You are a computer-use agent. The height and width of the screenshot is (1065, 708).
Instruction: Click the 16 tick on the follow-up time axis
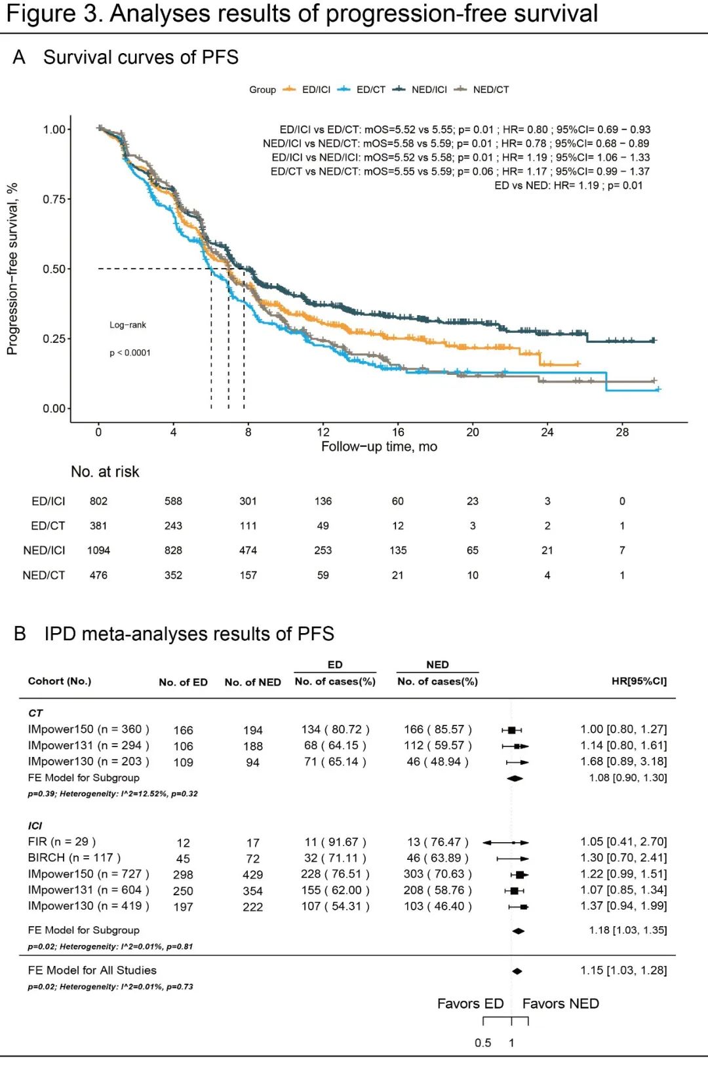point(398,432)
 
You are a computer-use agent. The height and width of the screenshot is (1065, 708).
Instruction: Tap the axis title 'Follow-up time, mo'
point(379,447)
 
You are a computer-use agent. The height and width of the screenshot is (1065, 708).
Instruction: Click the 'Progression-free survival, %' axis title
point(12,269)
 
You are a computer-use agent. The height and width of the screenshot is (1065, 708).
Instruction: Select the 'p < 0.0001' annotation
point(130,353)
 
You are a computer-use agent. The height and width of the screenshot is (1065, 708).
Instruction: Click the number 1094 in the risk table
point(98,551)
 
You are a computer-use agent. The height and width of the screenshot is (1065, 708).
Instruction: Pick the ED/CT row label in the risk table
point(48,526)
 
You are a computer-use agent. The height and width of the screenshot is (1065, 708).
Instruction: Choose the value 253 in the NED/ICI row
point(323,551)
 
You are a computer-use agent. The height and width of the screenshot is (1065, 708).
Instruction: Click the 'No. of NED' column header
point(252,682)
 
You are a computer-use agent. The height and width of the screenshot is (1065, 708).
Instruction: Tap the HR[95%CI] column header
point(639,682)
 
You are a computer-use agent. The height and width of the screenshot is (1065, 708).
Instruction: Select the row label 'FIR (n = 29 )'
point(62,842)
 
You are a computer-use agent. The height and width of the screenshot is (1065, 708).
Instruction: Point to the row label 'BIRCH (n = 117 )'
point(74,858)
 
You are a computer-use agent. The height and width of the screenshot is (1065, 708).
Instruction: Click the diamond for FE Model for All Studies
point(517,971)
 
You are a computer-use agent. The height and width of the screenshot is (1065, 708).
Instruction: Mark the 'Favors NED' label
point(560,1004)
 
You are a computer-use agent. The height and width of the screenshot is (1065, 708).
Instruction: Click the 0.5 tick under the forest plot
point(482,1043)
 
